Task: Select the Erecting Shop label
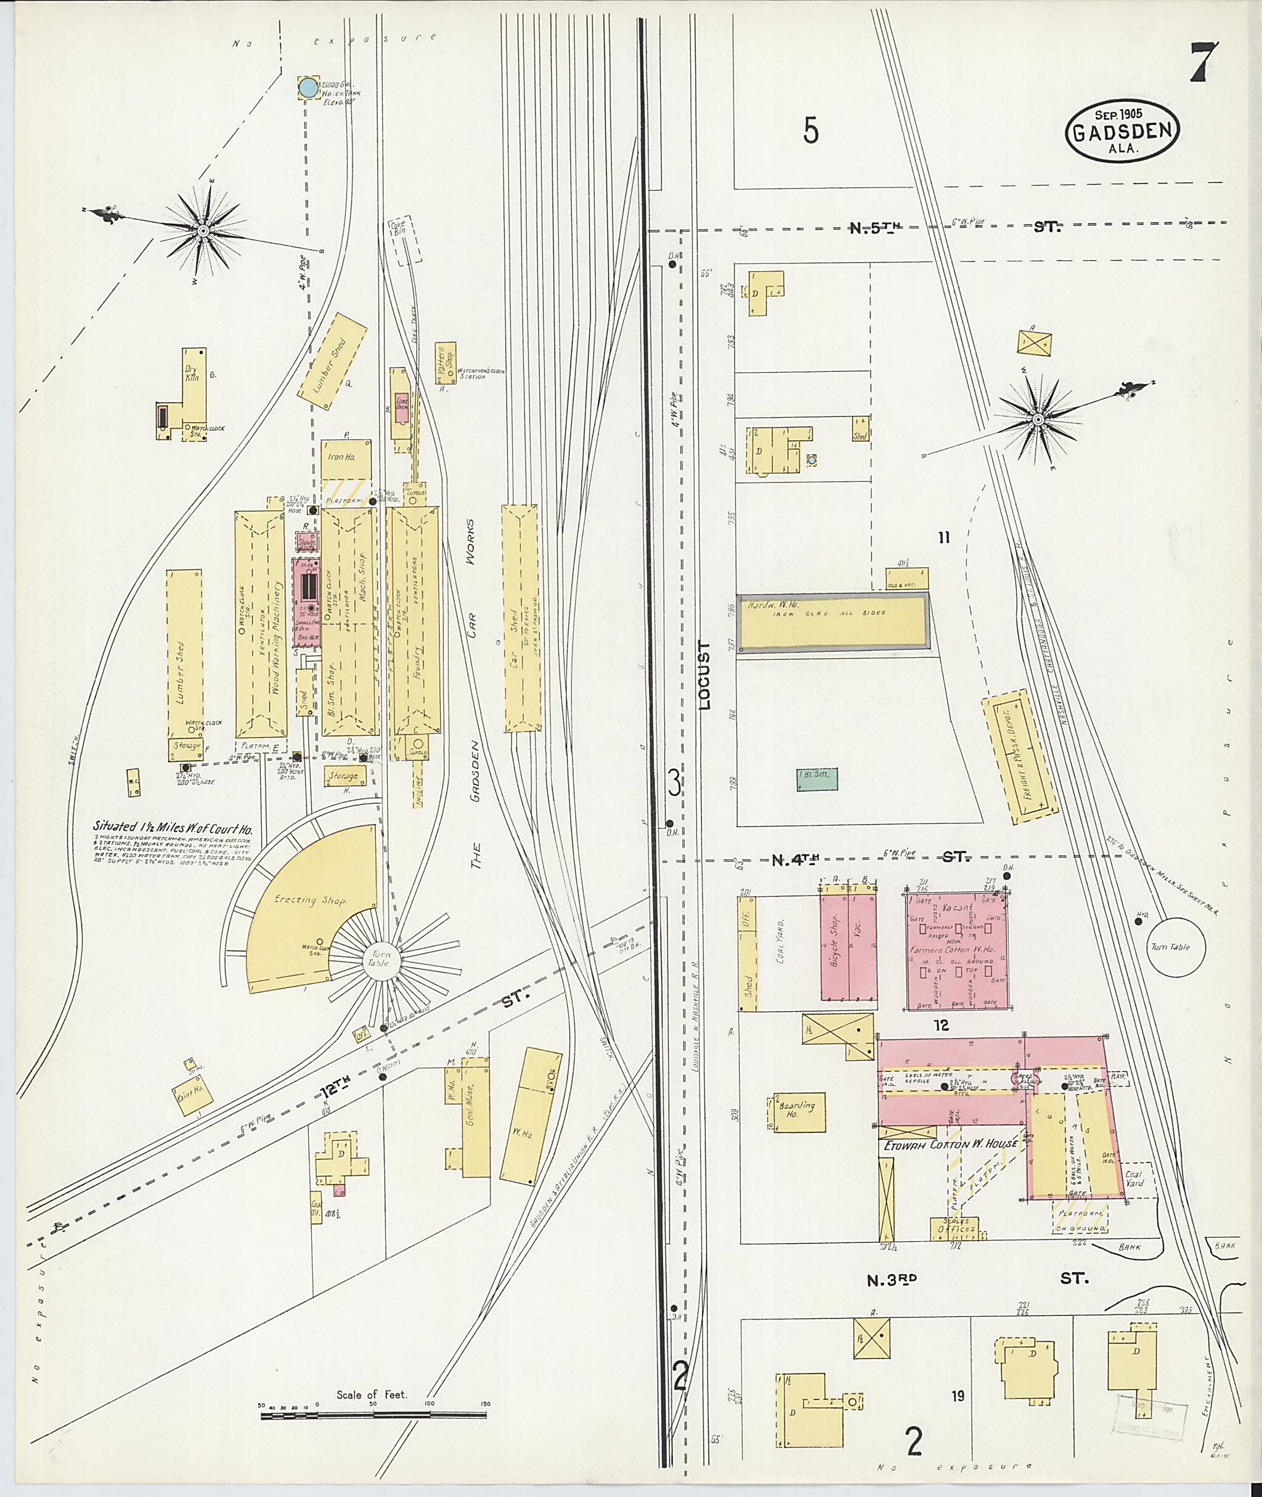pyautogui.click(x=295, y=900)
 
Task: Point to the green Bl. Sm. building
pyautogui.click(x=817, y=779)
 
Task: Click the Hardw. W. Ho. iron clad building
pyautogui.click(x=833, y=622)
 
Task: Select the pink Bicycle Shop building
pyautogui.click(x=834, y=945)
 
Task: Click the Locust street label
pyautogui.click(x=706, y=675)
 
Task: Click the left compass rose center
pyautogui.click(x=203, y=231)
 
